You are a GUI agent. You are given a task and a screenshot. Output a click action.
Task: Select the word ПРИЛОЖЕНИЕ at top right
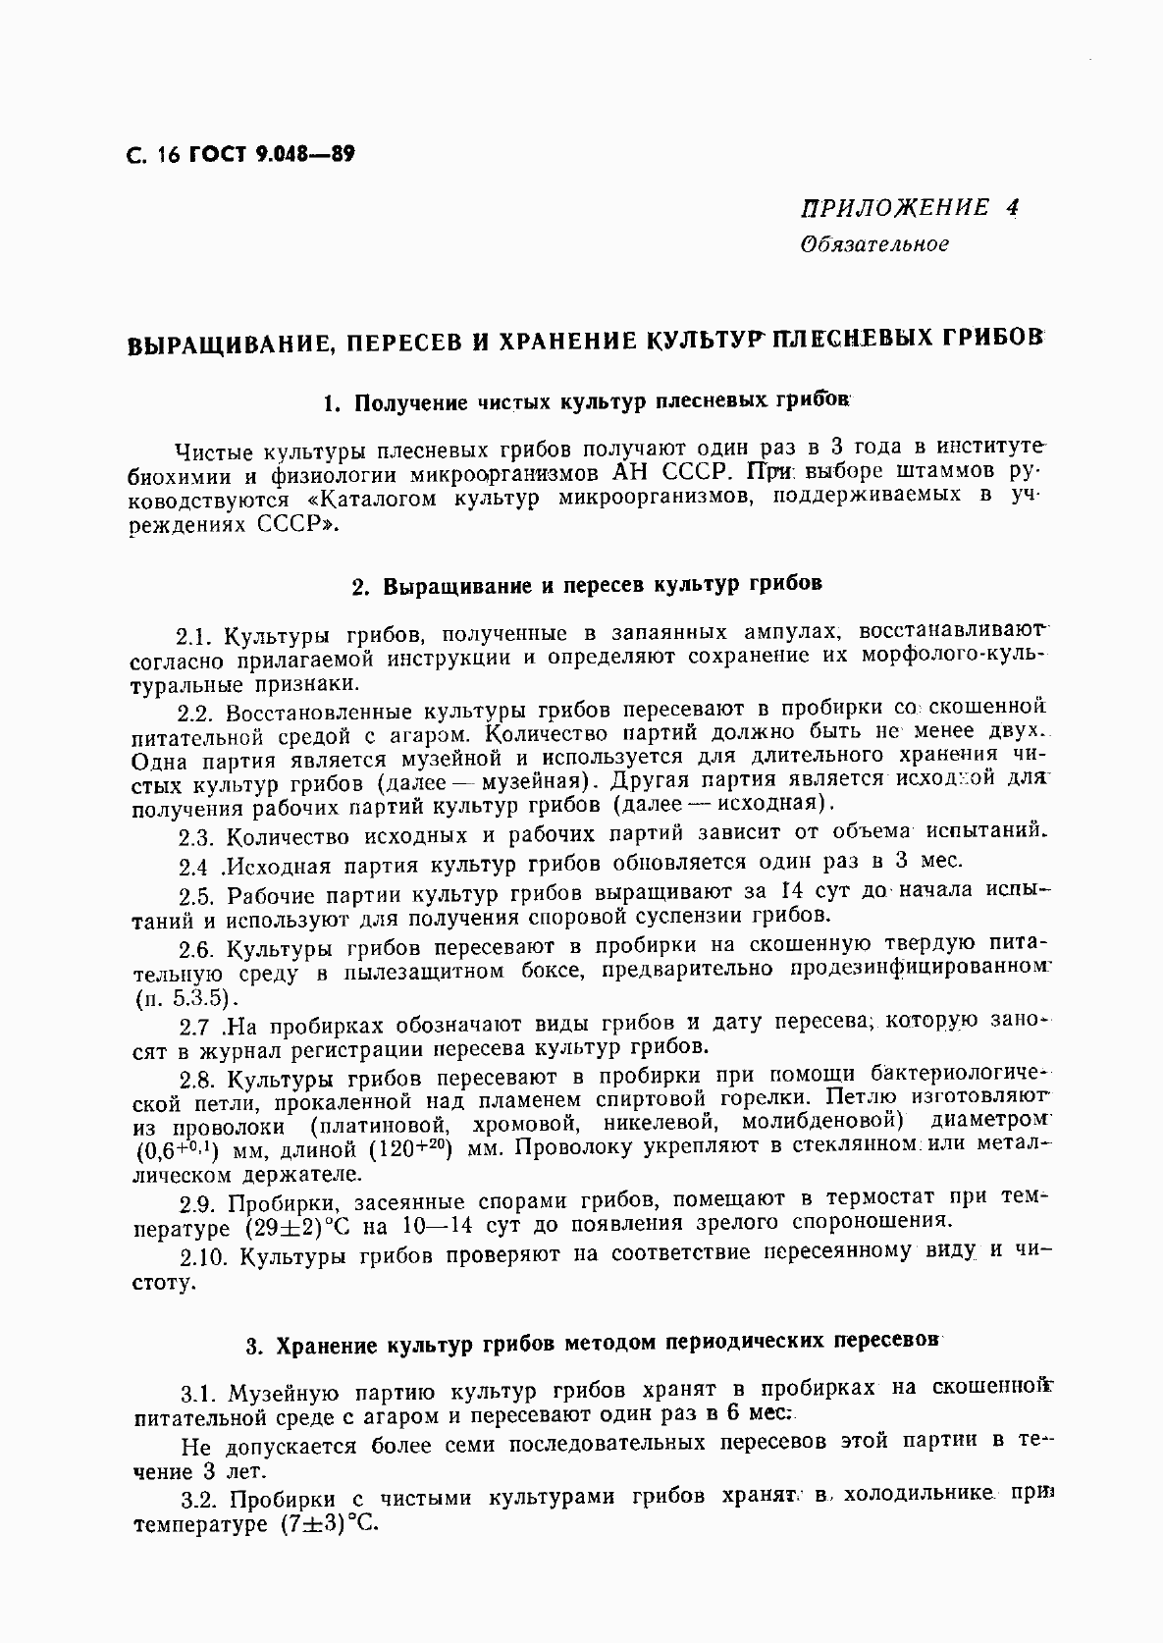click(x=895, y=207)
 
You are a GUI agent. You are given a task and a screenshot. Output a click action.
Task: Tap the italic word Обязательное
click(x=874, y=243)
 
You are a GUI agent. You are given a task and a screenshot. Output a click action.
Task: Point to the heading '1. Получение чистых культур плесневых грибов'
click(x=586, y=402)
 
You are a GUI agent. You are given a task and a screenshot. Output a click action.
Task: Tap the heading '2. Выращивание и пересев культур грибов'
click(x=586, y=585)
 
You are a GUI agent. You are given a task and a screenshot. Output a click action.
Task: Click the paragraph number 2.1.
click(x=195, y=635)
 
